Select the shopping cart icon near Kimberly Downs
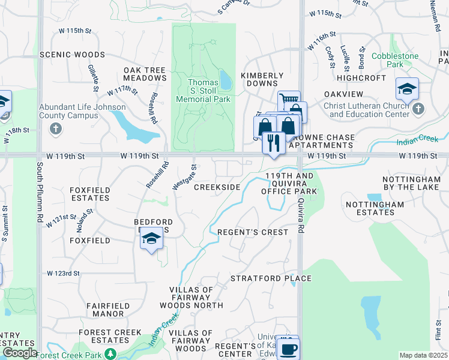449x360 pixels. coord(288,100)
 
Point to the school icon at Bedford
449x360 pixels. coord(151,239)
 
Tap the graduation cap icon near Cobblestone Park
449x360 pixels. coord(407,89)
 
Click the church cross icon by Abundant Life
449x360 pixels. coord(56,128)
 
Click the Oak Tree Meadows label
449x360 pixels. coord(145,74)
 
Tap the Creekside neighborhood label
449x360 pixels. coord(217,187)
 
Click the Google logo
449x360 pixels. coord(20,353)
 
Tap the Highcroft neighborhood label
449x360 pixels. coord(361,78)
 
